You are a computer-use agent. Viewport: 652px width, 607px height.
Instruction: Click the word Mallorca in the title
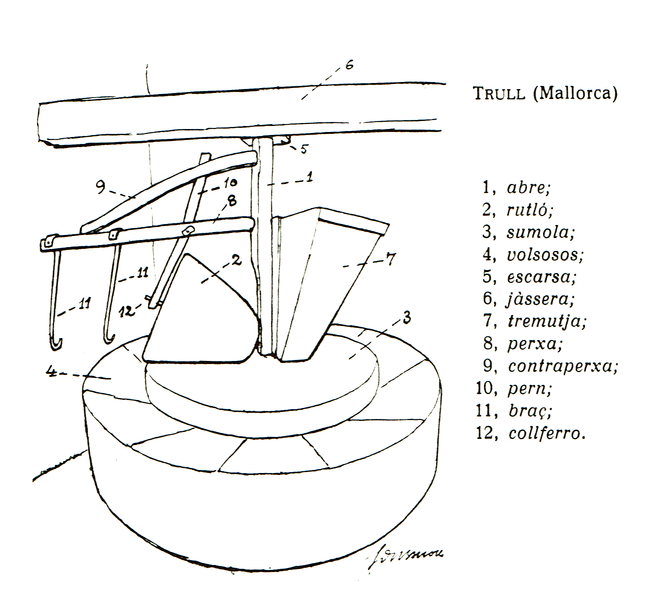574,93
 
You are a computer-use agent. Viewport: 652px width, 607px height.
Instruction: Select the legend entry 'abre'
528,188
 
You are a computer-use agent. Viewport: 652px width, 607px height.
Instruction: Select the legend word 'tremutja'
546,321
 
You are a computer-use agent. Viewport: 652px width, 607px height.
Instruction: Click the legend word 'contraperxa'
562,366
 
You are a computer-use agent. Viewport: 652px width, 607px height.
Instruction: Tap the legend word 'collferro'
546,433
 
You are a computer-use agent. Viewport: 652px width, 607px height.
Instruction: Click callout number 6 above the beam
349,65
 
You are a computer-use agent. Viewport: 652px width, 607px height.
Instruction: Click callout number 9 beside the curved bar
100,187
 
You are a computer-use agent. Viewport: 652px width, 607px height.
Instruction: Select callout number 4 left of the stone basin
50,371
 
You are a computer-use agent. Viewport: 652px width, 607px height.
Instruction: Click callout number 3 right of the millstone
407,317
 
